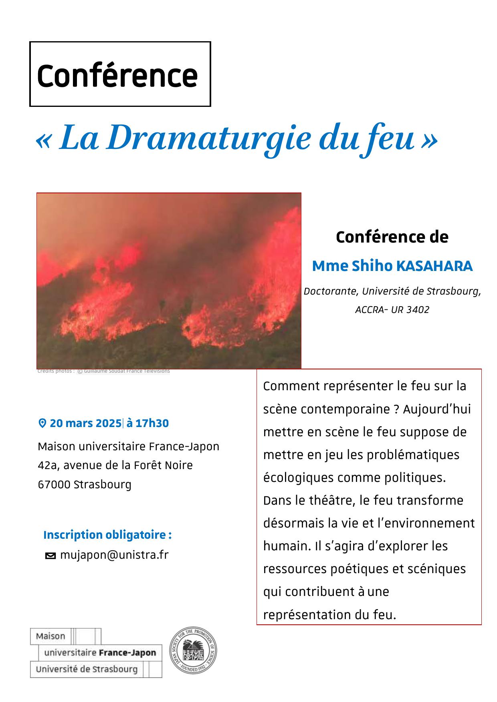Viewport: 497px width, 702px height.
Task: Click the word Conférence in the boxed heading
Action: click(x=117, y=75)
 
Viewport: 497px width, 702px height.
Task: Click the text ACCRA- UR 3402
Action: click(x=392, y=310)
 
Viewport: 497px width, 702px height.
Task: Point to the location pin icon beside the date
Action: click(x=42, y=423)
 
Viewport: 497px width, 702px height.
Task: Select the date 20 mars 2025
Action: click(x=85, y=423)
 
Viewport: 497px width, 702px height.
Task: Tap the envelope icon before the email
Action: click(x=51, y=556)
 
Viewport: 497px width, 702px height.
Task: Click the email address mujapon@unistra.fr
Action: click(x=114, y=555)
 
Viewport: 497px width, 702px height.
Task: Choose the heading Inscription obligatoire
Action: click(x=107, y=535)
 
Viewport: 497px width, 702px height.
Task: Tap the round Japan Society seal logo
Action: click(x=193, y=650)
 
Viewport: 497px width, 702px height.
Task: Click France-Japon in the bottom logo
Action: click(x=127, y=653)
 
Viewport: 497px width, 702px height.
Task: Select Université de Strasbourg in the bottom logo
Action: click(x=87, y=669)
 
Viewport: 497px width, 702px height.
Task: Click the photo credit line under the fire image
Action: click(x=103, y=371)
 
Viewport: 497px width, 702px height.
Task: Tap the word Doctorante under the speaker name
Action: click(x=331, y=291)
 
